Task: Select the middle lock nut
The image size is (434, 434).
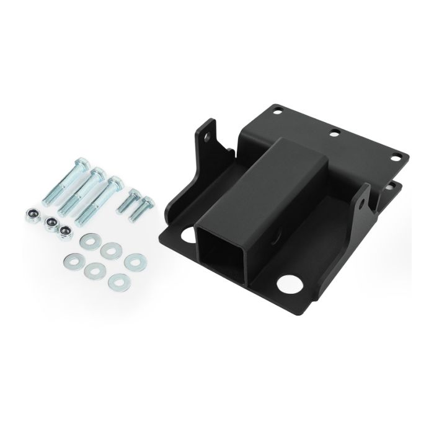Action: tap(52, 223)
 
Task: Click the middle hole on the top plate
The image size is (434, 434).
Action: tap(335, 132)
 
